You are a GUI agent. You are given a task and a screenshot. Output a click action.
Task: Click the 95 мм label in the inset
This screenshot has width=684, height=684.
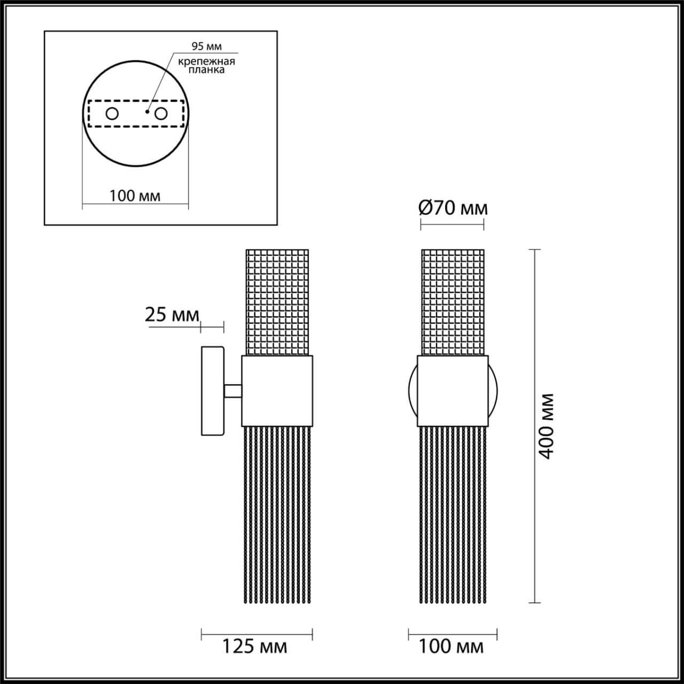[x=199, y=46]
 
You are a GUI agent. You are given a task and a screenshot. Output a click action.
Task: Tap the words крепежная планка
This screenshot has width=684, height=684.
[x=206, y=66]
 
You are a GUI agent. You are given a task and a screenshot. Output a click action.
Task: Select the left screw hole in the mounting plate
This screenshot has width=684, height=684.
[x=112, y=114]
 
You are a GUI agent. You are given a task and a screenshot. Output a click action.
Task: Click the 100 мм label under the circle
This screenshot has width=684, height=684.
[x=135, y=196]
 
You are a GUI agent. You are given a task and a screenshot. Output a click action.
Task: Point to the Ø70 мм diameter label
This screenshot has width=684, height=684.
[x=453, y=207]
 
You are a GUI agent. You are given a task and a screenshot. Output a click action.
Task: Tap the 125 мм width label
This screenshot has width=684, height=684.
[x=255, y=647]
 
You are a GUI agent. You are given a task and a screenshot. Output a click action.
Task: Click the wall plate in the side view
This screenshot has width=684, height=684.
[x=212, y=391]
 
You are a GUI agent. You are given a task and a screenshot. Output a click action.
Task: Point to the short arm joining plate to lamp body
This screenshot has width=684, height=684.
[x=233, y=391]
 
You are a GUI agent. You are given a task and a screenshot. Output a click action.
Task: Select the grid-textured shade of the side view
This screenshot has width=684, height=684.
[x=277, y=302]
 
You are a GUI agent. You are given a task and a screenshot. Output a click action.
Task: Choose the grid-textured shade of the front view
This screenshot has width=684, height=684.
[x=453, y=302]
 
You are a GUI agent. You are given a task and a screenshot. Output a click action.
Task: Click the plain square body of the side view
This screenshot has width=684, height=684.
[x=277, y=391]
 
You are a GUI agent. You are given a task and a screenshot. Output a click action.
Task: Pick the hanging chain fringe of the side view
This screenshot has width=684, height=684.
[x=277, y=513]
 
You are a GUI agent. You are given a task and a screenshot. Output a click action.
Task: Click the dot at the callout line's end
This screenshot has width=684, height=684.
[x=147, y=112]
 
